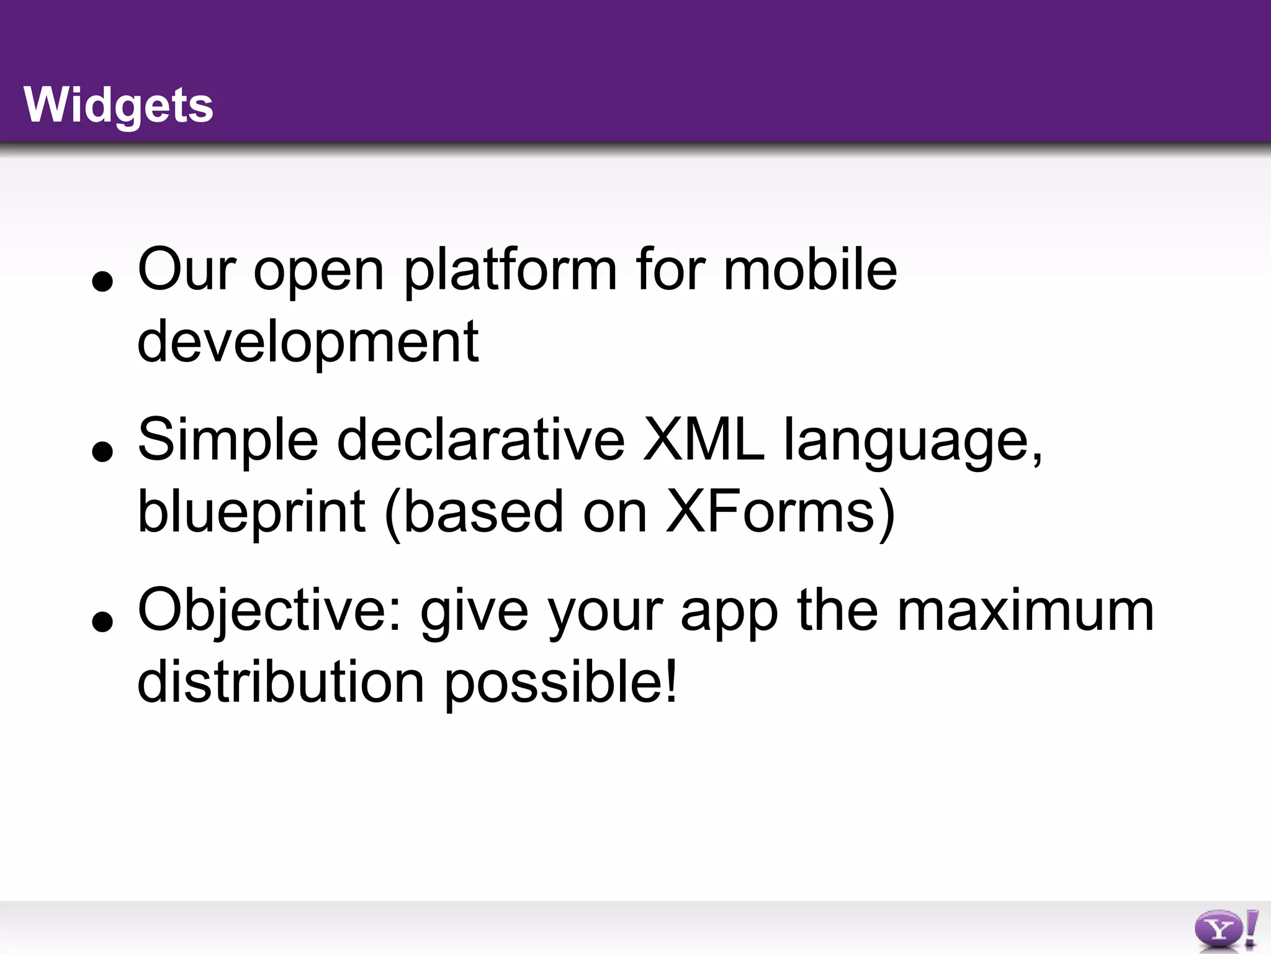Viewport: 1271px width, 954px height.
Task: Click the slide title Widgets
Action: (x=119, y=106)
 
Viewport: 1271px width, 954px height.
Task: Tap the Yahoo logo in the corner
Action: (x=1226, y=930)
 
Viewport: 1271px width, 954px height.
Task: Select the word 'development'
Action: (x=308, y=343)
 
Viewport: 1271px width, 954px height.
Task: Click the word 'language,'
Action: (x=914, y=442)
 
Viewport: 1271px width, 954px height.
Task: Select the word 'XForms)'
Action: (x=781, y=512)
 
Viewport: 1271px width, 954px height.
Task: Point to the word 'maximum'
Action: (x=1025, y=611)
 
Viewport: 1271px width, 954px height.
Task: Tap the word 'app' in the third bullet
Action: (x=729, y=615)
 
